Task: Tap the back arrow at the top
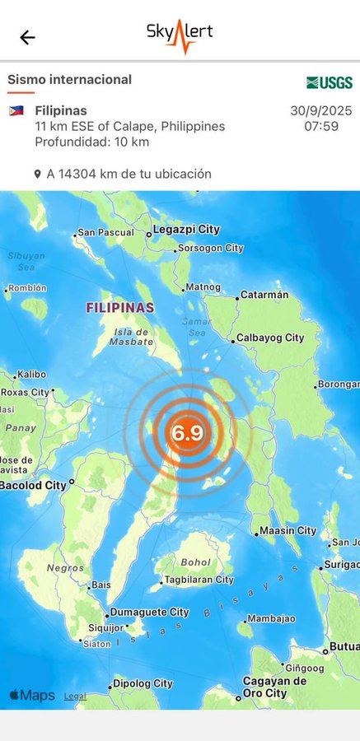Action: pos(28,37)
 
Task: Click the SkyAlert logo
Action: pos(180,36)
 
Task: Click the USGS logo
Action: pos(330,82)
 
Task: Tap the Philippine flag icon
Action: pos(16,110)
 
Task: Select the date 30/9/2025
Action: pos(320,110)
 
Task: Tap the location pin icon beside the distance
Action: pos(37,175)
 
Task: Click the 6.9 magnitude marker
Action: pos(188,433)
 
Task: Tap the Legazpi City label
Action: pos(187,230)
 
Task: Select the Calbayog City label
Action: pos(269,338)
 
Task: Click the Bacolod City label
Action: pos(33,485)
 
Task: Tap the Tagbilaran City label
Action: pos(201,580)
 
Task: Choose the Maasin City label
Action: pos(288,530)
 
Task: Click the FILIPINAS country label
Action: pos(120,308)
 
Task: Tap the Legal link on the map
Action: pos(75,696)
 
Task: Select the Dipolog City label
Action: pos(143,683)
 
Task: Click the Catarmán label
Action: pos(264,295)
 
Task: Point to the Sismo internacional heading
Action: pos(69,80)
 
